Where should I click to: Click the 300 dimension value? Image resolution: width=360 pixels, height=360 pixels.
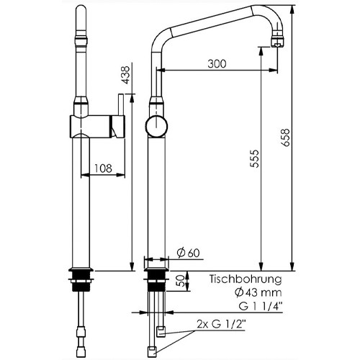[x=215, y=63]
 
